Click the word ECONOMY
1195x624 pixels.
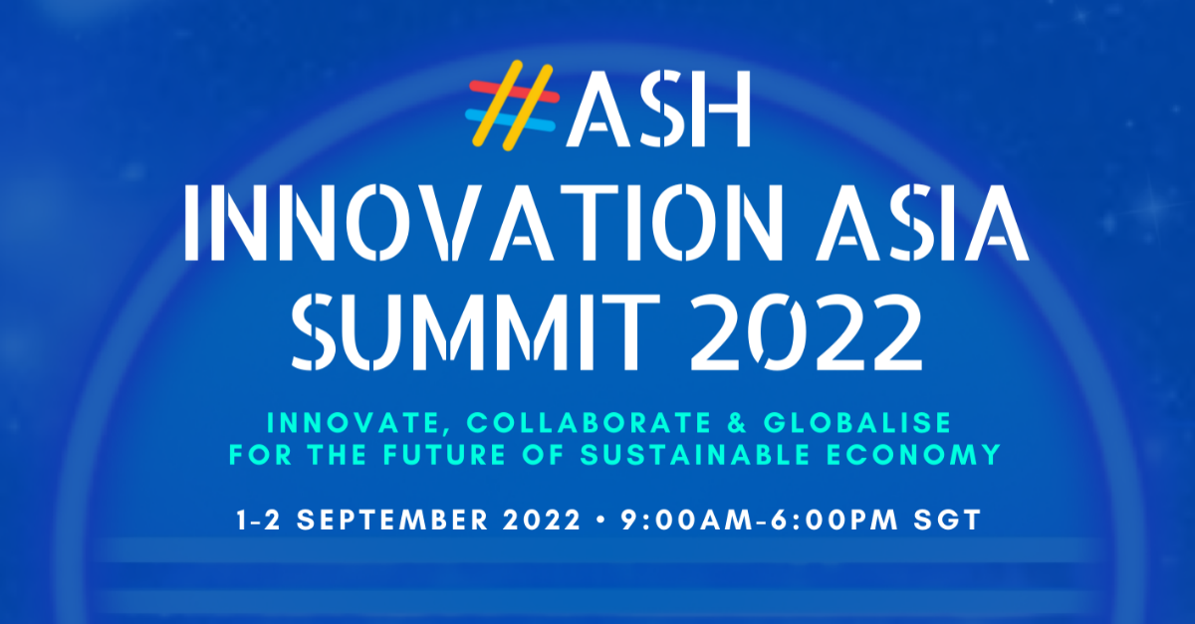click(928, 456)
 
